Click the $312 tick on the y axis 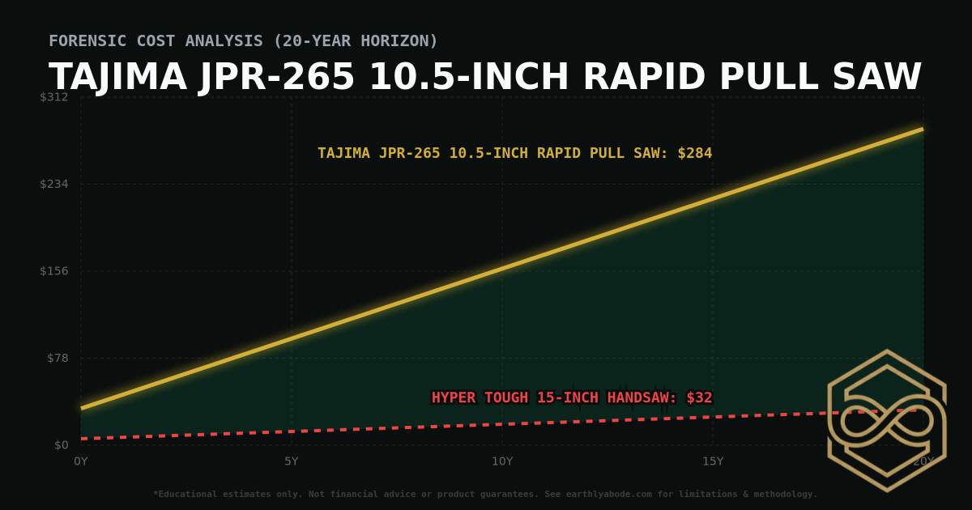tap(54, 97)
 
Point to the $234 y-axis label tap(54, 184)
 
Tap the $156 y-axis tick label tap(54, 271)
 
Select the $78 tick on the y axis tap(58, 358)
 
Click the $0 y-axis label tap(61, 445)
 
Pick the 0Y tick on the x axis tap(81, 461)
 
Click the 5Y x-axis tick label tap(292, 461)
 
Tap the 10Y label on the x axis tap(502, 461)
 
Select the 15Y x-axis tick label tap(713, 461)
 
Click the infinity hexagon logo tap(887, 421)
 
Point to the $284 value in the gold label tap(695, 153)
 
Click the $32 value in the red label tap(699, 397)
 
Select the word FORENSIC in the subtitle tap(85, 40)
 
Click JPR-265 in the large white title tap(278, 78)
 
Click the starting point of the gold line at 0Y tap(82, 408)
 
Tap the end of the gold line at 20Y tap(922, 129)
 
